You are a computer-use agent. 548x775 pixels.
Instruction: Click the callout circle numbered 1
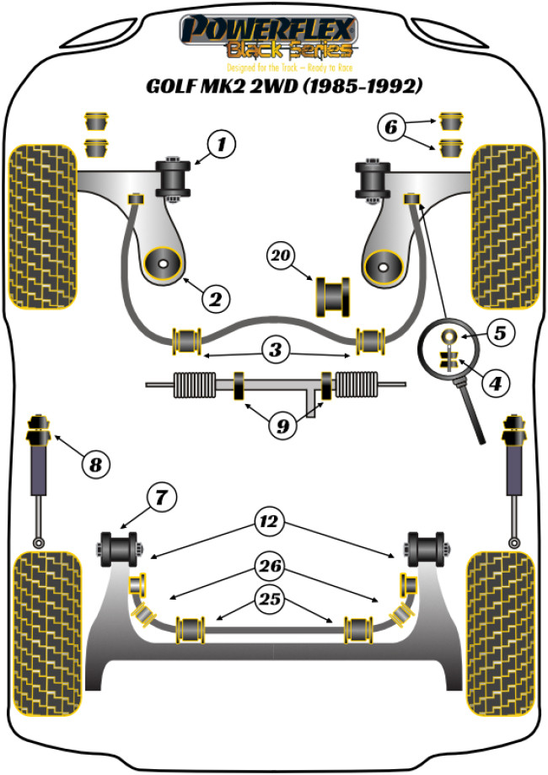click(222, 145)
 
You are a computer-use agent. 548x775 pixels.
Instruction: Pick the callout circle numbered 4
click(495, 385)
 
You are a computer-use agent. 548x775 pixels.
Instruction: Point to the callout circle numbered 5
click(499, 332)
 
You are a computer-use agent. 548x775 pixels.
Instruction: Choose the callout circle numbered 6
click(391, 128)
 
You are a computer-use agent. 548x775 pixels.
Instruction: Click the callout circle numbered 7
click(161, 498)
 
